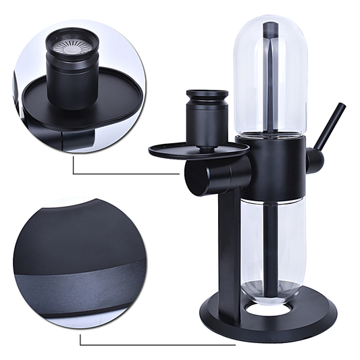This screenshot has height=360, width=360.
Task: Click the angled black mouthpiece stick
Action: pos(330,125)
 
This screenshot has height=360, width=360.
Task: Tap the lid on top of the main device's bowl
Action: pos(207,95)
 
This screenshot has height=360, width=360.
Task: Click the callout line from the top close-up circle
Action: pos(122,173)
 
